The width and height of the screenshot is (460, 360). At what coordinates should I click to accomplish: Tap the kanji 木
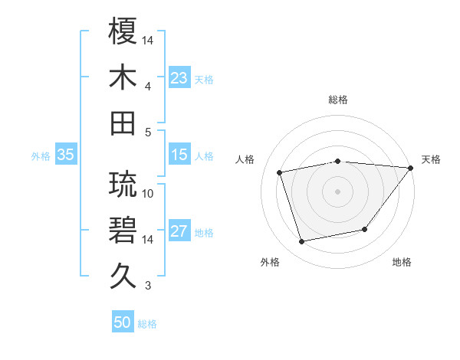(x=123, y=77)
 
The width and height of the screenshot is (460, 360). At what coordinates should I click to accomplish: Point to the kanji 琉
(x=123, y=184)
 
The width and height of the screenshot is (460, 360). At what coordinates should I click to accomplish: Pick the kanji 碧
(x=123, y=230)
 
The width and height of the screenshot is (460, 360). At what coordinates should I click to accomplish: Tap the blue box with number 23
(x=179, y=77)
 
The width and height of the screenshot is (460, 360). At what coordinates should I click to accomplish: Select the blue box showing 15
(x=179, y=155)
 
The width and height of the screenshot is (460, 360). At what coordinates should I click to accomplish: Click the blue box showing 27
(x=179, y=232)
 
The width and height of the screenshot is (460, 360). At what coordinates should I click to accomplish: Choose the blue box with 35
(x=66, y=155)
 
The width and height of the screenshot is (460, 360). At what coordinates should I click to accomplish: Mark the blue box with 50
(x=123, y=322)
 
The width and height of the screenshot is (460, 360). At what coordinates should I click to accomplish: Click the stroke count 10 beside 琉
(x=149, y=193)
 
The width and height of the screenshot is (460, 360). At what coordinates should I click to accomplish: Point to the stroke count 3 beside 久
(x=149, y=286)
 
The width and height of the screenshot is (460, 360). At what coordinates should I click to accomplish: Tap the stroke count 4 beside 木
(x=149, y=87)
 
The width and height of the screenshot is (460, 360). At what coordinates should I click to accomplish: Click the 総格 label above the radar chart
(x=337, y=100)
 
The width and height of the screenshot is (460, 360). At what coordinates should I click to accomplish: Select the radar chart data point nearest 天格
(x=410, y=169)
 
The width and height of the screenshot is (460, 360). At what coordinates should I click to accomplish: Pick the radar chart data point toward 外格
(x=302, y=242)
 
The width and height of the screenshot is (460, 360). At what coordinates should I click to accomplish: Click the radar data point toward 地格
(x=365, y=229)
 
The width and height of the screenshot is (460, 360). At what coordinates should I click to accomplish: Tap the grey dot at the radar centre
(x=337, y=191)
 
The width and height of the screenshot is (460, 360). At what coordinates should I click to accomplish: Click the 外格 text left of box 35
(x=41, y=155)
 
